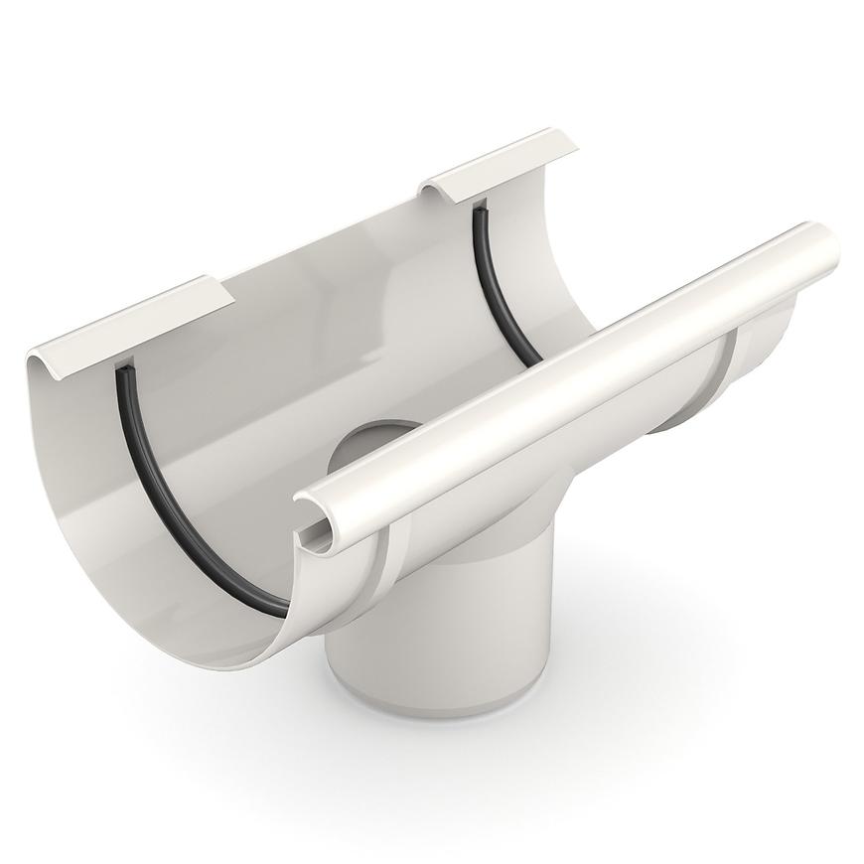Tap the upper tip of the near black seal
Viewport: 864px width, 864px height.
click(x=121, y=369)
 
